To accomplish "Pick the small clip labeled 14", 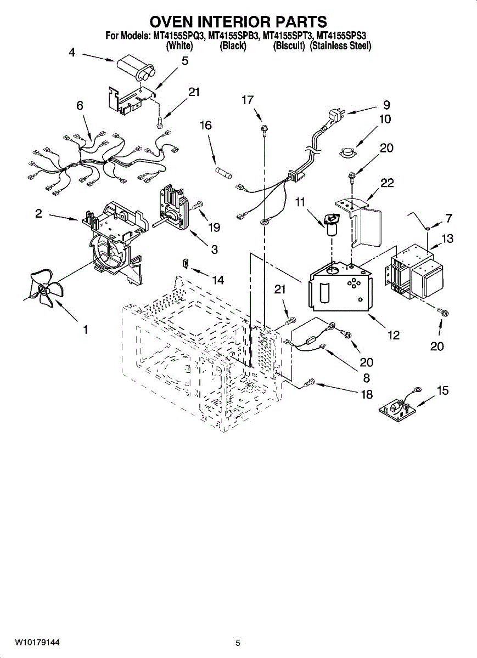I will point(186,265).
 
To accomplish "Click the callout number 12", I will point(394,335).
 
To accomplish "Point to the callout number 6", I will point(80,106).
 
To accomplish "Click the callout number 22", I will point(388,184).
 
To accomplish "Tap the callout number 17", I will point(248,100).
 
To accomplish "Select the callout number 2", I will point(39,214).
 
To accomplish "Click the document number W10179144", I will point(37,642).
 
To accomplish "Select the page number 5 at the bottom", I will point(238,643).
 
